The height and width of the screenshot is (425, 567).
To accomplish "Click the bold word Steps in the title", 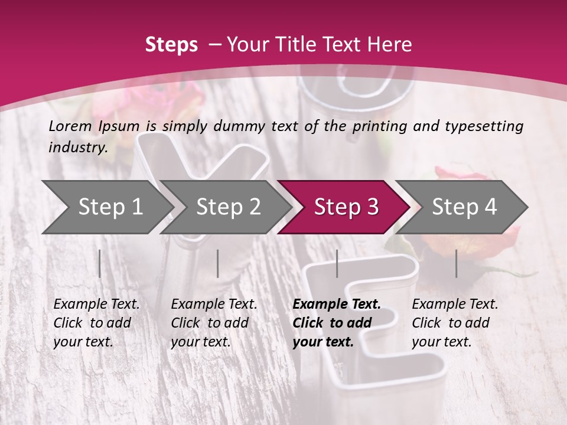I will point(171,45).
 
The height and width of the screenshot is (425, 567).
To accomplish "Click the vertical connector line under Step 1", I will point(100,263).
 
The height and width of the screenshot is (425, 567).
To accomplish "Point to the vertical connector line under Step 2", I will point(218,263).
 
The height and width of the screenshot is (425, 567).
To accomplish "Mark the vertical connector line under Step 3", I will point(337,263).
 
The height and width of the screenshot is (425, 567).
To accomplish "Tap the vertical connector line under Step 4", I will point(457,263).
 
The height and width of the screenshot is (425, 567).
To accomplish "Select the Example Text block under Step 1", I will point(96,323).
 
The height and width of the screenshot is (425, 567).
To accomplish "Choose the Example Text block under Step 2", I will point(214,323).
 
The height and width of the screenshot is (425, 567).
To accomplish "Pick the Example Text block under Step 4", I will point(455,323).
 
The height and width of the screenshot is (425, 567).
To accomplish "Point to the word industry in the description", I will point(78,148).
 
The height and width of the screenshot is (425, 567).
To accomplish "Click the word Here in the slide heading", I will point(388,45).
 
